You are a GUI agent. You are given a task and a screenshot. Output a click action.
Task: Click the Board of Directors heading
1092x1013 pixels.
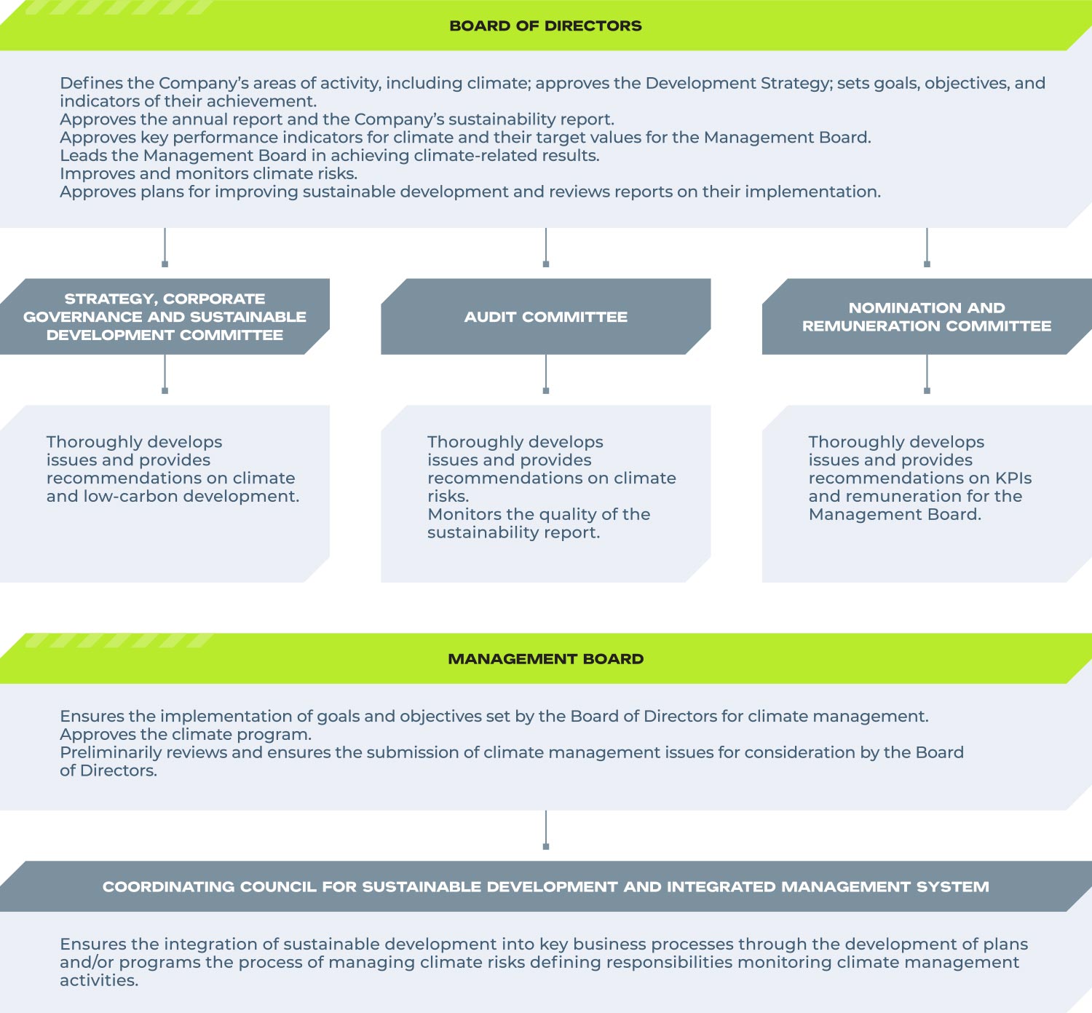(x=545, y=26)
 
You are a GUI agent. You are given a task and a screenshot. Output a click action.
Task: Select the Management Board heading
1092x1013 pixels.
(x=545, y=658)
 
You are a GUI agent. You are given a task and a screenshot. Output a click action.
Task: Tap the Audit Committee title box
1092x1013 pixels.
(x=545, y=316)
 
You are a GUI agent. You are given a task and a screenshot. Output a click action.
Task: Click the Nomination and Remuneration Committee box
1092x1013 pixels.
(x=927, y=316)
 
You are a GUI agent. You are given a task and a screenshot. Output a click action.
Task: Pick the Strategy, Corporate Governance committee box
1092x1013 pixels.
(x=165, y=316)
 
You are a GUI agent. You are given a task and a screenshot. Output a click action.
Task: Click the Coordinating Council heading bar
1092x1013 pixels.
(x=546, y=886)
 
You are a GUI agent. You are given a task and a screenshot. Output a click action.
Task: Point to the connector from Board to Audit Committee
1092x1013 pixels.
(x=546, y=248)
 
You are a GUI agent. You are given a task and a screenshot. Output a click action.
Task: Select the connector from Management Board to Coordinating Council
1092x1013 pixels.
(x=546, y=829)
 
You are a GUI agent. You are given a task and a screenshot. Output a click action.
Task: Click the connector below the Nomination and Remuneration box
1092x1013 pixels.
(x=927, y=374)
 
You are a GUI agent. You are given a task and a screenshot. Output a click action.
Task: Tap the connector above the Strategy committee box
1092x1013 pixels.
(x=165, y=248)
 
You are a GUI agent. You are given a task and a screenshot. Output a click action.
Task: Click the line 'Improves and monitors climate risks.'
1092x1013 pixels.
(x=208, y=174)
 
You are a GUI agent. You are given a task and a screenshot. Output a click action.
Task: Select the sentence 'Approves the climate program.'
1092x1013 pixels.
(x=186, y=735)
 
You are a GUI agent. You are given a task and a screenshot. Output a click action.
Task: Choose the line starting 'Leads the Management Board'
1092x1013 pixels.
(x=329, y=156)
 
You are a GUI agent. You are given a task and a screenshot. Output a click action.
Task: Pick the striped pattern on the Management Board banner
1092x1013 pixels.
(x=118, y=640)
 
